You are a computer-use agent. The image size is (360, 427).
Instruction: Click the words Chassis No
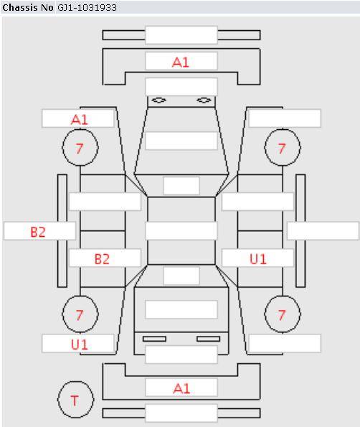click(x=28, y=7)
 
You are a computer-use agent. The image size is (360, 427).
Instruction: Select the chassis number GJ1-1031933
click(x=87, y=7)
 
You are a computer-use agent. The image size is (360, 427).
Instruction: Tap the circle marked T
click(x=75, y=400)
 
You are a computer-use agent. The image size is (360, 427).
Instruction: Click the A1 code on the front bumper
click(x=181, y=62)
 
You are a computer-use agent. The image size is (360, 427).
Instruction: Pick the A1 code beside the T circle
click(x=181, y=388)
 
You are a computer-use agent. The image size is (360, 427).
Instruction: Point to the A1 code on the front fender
click(x=80, y=120)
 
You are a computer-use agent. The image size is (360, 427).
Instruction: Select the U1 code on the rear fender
click(x=80, y=344)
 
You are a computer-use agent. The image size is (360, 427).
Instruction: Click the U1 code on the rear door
click(x=258, y=259)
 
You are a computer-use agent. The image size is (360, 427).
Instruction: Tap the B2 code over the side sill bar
click(x=38, y=233)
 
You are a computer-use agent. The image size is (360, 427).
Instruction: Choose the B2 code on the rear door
click(x=102, y=259)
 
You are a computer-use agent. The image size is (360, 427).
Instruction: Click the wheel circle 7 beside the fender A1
click(x=80, y=147)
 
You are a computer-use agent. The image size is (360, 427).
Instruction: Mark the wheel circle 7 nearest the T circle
click(x=80, y=314)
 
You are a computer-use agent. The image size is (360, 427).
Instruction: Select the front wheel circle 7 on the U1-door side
click(x=283, y=147)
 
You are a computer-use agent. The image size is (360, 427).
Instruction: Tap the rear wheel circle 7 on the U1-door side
click(x=283, y=314)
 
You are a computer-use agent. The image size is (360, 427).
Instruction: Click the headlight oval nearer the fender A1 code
click(x=159, y=100)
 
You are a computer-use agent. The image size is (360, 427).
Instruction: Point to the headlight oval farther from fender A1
click(x=204, y=100)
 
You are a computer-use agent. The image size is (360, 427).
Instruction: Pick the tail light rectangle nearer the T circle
click(x=154, y=339)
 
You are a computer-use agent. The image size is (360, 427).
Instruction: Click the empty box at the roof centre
click(x=181, y=231)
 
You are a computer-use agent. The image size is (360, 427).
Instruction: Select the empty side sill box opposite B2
click(x=323, y=231)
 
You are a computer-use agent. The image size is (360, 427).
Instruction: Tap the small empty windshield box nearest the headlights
click(x=181, y=186)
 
